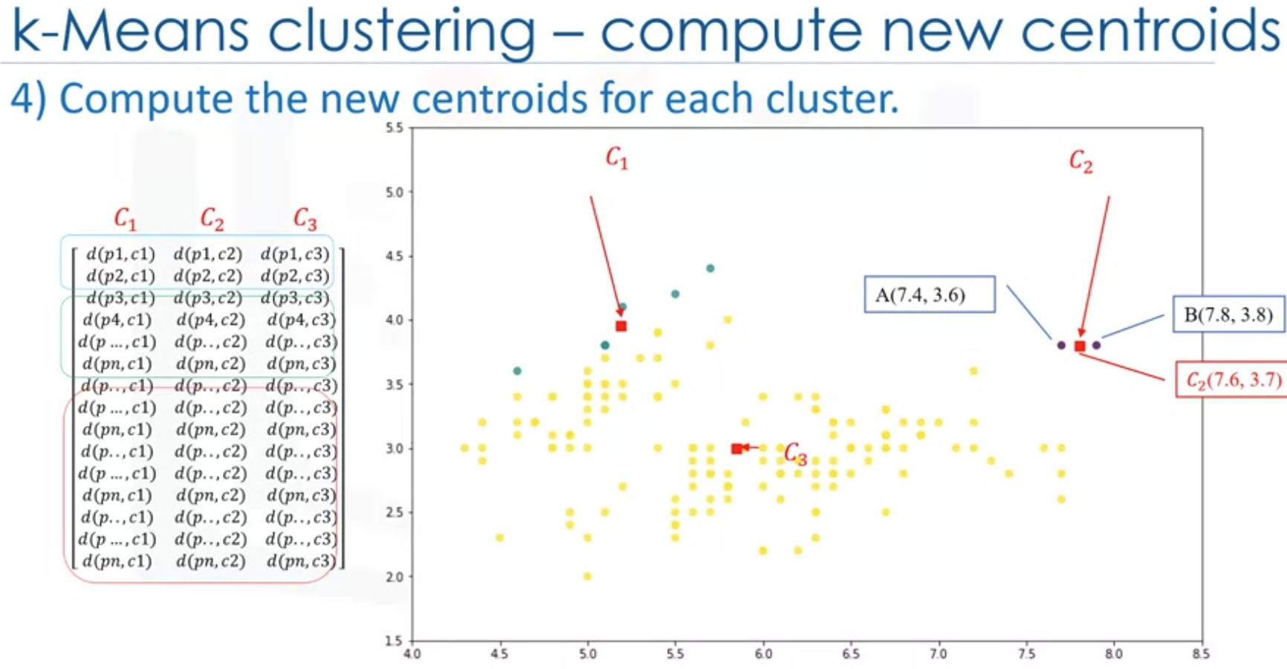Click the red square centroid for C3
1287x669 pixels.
point(736,448)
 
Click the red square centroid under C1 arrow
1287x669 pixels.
point(621,326)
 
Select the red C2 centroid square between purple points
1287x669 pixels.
point(1080,346)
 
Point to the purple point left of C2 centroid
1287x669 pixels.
point(1061,345)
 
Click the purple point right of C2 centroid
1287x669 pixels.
point(1096,345)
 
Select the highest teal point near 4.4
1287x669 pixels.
point(710,268)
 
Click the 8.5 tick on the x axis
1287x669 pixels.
point(1201,654)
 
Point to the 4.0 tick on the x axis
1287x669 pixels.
point(412,654)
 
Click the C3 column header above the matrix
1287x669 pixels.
point(305,219)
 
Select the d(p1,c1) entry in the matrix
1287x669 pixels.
point(120,254)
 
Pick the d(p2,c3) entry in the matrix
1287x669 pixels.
point(295,276)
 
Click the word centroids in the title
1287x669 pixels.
point(1150,31)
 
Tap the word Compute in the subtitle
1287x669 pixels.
point(146,99)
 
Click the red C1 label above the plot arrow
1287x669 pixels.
point(617,158)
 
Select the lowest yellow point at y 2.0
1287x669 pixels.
point(587,576)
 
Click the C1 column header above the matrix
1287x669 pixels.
point(126,219)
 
